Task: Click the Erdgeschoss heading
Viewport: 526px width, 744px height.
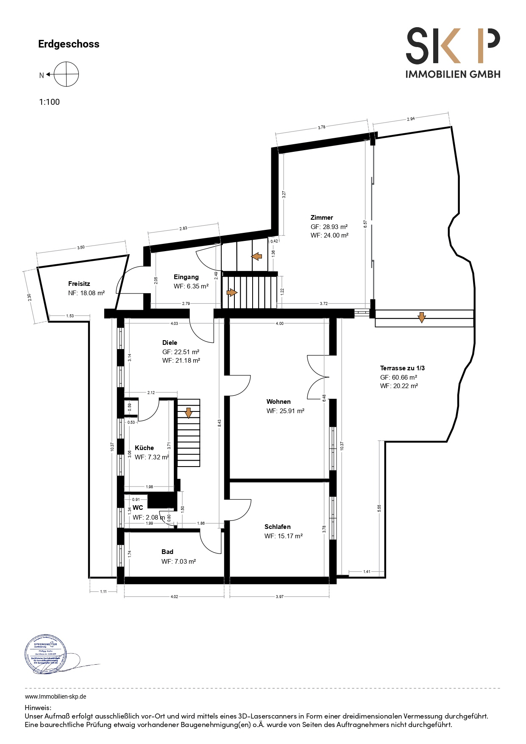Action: click(69, 44)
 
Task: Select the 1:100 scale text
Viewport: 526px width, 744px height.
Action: click(50, 102)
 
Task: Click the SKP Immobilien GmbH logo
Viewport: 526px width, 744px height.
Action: click(453, 53)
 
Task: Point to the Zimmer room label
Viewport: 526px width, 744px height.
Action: click(322, 218)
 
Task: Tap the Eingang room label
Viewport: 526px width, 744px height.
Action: click(186, 277)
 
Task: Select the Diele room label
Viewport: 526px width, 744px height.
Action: click(170, 343)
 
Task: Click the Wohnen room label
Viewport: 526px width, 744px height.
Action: click(278, 402)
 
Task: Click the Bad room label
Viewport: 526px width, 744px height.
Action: click(167, 552)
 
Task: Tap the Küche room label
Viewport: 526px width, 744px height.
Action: click(144, 448)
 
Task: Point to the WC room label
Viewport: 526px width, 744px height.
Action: click(138, 508)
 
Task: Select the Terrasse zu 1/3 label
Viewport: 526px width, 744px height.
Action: click(402, 368)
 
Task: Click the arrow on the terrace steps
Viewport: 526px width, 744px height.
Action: click(421, 317)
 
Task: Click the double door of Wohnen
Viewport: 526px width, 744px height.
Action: click(318, 377)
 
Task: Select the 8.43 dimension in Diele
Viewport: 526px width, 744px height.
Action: click(219, 423)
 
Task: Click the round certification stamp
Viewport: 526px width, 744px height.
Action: click(46, 654)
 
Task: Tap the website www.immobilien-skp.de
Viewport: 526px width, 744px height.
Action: click(56, 696)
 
